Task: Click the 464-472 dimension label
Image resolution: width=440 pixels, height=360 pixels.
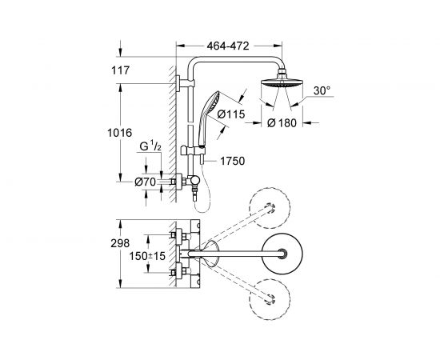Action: (x=228, y=46)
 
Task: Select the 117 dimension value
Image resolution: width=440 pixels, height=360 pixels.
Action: (x=120, y=70)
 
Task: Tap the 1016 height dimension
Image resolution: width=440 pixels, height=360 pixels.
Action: (x=119, y=133)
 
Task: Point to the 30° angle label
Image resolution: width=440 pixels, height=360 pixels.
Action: (x=322, y=90)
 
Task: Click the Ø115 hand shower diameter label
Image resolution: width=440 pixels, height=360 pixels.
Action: (x=231, y=114)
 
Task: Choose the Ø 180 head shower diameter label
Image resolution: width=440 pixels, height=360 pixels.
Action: (x=282, y=123)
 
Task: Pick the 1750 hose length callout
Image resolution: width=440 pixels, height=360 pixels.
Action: (x=232, y=161)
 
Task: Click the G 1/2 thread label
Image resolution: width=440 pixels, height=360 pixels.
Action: (x=150, y=146)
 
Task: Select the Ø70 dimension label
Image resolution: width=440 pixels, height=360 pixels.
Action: (x=145, y=182)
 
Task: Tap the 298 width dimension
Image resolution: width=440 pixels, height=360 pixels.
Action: (x=120, y=243)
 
